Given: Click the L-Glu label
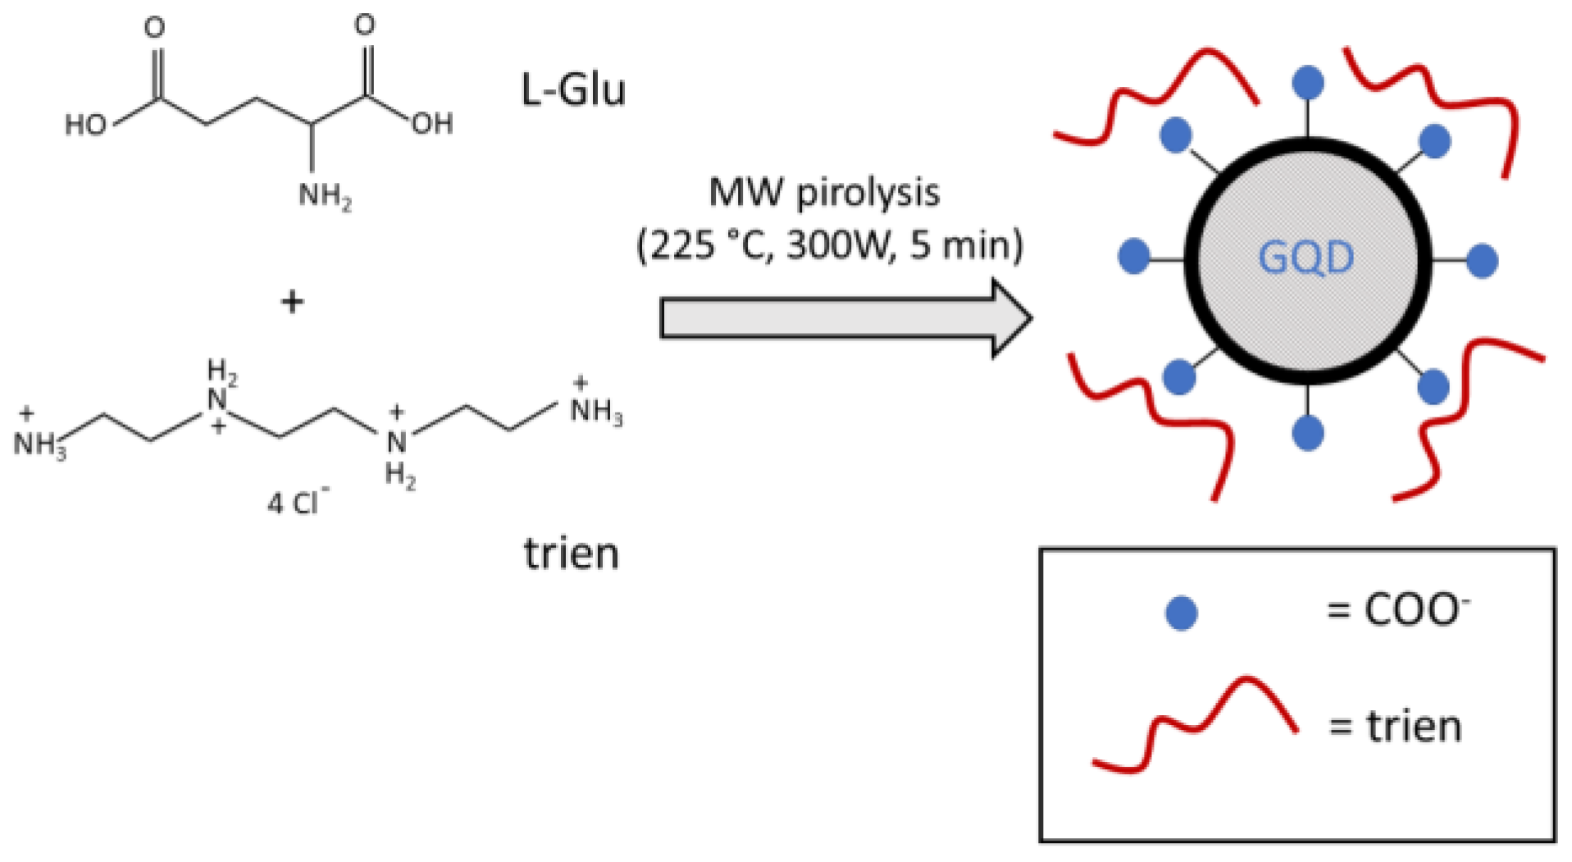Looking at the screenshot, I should coord(572,89).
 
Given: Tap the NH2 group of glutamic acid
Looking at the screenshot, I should coord(324,195).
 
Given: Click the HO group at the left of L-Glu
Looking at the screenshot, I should coord(86,125).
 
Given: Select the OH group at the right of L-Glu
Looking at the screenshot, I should coord(432,124).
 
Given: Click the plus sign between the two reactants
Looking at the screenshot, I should coord(292,302).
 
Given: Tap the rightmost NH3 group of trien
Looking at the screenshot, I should coord(595,409).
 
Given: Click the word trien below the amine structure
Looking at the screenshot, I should coord(571,554).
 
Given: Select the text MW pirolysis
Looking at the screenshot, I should coord(823,194).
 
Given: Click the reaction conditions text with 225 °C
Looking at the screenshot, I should coord(830,245).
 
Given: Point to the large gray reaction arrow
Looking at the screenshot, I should coord(845,319).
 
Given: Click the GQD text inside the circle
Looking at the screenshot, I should coord(1306,258).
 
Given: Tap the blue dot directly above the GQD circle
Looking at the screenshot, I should coord(1307,82).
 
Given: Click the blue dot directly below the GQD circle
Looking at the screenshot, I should coord(1307,432).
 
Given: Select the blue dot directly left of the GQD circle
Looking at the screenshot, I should coord(1133,257).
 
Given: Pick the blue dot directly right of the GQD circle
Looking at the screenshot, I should coord(1482,261).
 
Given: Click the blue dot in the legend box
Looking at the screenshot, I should coord(1181,613).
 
